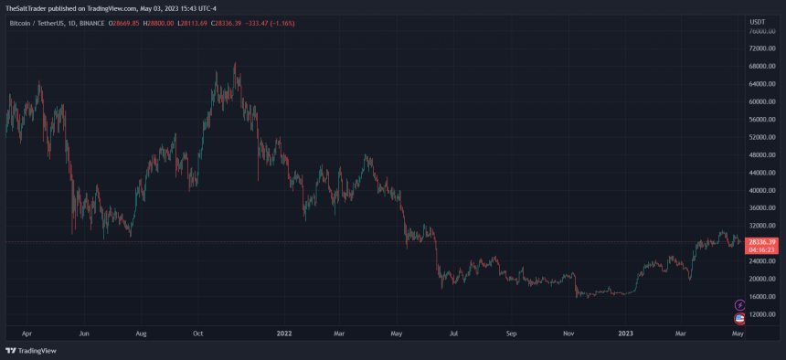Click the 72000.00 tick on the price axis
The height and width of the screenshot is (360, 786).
762,48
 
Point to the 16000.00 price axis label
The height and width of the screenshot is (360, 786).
762,296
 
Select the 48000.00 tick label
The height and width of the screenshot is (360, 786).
762,154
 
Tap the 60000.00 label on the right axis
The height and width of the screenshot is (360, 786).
762,101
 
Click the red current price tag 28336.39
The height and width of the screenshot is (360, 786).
761,241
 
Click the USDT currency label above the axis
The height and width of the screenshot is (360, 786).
758,21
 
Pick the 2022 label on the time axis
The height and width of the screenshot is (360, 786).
284,335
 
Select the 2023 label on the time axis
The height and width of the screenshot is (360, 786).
625,335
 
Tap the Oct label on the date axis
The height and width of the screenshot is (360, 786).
197,335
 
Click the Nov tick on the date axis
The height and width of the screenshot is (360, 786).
568,335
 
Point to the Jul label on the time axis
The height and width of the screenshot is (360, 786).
454,335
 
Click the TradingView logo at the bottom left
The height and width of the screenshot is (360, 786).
31,350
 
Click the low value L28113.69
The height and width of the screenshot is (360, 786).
191,21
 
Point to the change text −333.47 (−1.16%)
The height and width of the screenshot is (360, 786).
269,21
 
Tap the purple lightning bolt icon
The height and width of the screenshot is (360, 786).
739,305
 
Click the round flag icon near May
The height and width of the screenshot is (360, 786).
739,318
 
